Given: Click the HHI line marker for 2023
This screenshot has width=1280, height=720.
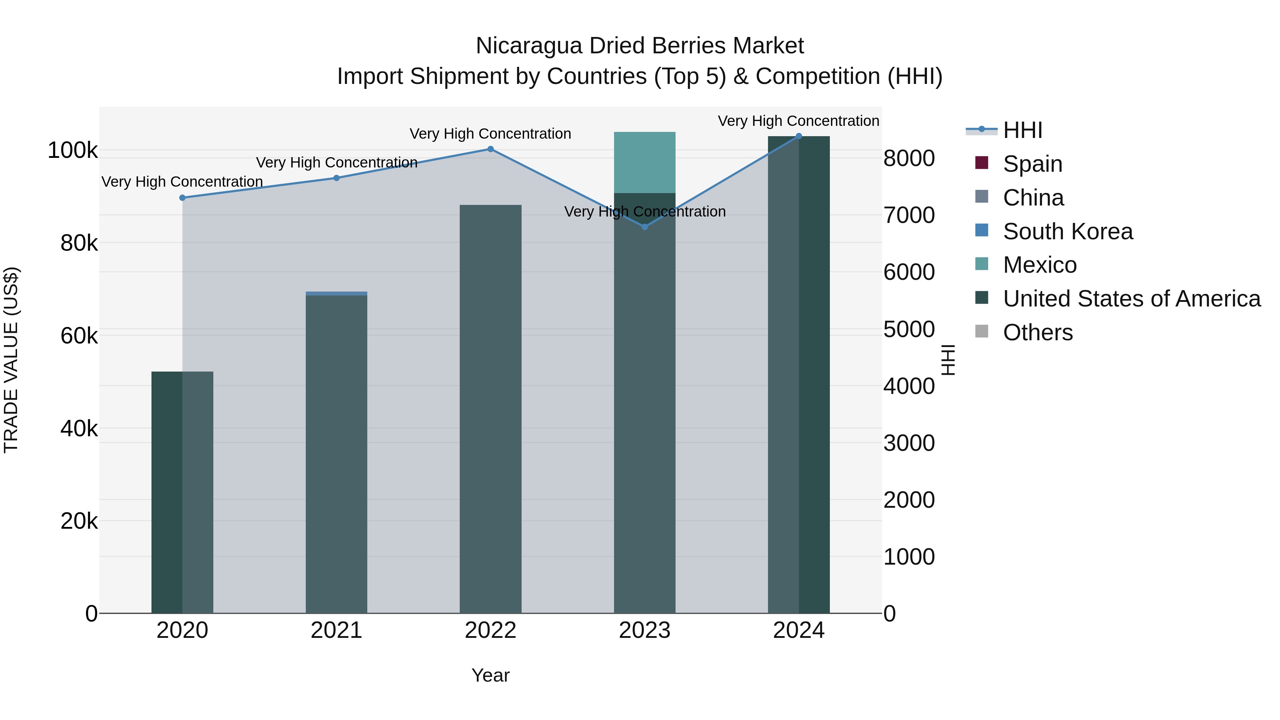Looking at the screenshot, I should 645,226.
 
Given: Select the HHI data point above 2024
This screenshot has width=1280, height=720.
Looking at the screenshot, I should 799,136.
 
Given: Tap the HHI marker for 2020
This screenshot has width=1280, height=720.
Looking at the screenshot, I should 182,198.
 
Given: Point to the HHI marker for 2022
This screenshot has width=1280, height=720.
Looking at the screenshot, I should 490,149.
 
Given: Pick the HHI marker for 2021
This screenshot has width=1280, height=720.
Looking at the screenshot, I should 336,178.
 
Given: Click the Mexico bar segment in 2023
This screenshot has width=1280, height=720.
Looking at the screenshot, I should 645,162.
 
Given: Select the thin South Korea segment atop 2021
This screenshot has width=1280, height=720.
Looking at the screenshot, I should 336,294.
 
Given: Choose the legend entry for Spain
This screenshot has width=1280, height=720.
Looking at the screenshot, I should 1032,164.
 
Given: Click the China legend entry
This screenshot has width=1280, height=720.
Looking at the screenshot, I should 1033,198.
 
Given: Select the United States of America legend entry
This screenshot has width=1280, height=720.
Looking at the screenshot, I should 1131,299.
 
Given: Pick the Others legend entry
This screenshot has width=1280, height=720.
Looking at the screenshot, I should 1038,332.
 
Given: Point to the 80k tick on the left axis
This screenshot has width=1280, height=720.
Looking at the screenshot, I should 79,244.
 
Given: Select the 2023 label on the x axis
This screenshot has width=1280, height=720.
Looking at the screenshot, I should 645,630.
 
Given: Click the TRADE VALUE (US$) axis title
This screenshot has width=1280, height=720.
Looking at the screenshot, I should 11,360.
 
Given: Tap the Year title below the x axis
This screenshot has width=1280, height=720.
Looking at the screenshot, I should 490,675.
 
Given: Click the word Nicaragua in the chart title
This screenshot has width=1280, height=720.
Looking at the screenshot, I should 529,46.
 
